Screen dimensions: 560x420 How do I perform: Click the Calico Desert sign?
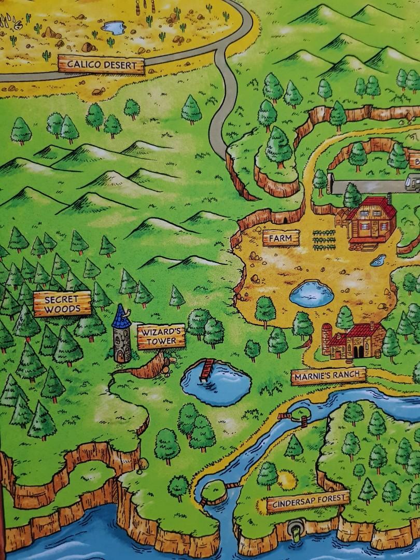(x=101, y=65)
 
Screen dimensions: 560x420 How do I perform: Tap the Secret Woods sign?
(x=62, y=304)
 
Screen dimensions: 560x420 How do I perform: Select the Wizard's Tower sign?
(x=161, y=336)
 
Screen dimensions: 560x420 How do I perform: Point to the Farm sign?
(x=281, y=239)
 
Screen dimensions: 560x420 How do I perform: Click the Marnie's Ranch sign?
(x=328, y=376)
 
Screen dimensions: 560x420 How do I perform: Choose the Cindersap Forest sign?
(x=307, y=502)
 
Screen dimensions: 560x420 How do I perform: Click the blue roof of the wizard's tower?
(x=121, y=317)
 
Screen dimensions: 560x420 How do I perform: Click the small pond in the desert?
(x=114, y=27)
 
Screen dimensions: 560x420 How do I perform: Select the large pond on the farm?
(x=311, y=293)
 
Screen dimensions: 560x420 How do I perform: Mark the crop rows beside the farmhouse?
(x=324, y=240)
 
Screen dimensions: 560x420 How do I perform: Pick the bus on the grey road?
(x=413, y=183)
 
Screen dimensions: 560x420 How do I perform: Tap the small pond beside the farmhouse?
(x=378, y=260)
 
